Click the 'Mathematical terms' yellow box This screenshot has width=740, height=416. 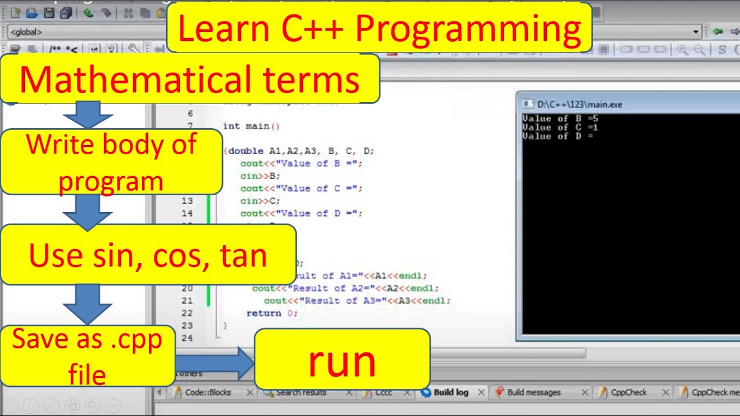coord(190,79)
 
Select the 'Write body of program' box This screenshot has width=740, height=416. coord(111,162)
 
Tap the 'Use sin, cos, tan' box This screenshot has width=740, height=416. coord(148,255)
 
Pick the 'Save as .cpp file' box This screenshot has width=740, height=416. coord(87,356)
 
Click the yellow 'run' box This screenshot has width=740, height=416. coord(342,359)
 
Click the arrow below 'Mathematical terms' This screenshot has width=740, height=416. coord(87,115)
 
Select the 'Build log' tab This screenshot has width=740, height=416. coord(451,392)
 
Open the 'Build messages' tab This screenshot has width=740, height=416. coord(534,392)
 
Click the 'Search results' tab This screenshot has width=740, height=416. coord(301,392)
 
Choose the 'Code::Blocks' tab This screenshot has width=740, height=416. coord(208,392)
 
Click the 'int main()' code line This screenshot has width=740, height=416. coord(251,126)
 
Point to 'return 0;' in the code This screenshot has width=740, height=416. coord(272,313)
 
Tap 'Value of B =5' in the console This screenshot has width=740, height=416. coord(560,118)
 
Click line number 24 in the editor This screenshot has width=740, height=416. coord(186,338)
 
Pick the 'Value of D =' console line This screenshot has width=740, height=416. coord(558,136)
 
